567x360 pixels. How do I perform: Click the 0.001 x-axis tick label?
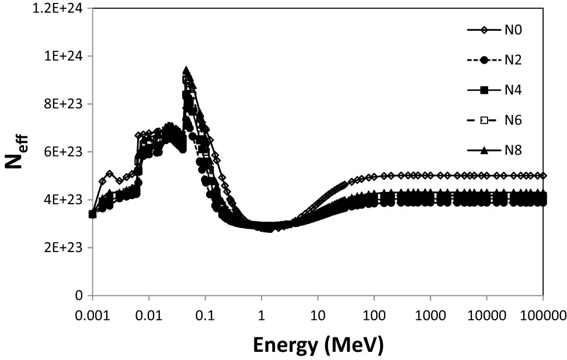(92, 315)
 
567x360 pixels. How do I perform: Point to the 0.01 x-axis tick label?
(149, 315)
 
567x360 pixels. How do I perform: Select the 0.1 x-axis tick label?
(205, 315)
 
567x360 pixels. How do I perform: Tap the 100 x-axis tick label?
(374, 315)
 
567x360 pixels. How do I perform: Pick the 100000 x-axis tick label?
(543, 315)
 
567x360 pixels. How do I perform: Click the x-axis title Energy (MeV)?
(318, 345)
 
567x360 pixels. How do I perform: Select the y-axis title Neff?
(18, 153)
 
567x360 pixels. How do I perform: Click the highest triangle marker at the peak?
(186, 70)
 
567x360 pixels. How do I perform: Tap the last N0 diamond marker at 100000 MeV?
(543, 175)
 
